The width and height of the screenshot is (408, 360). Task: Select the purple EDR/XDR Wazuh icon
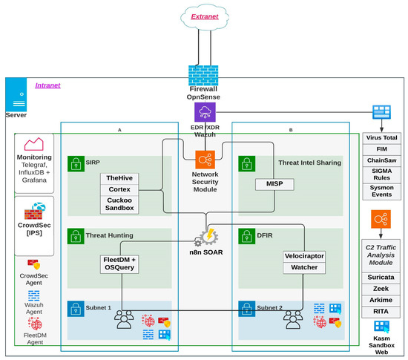[x=204, y=112]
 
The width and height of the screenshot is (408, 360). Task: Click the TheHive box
[x=120, y=179]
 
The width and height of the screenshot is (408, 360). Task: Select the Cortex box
[x=120, y=189]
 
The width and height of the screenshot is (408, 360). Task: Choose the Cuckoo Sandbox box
[x=120, y=204]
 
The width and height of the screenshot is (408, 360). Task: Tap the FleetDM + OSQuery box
[x=120, y=264]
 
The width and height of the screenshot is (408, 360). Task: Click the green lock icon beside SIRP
[x=75, y=162]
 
